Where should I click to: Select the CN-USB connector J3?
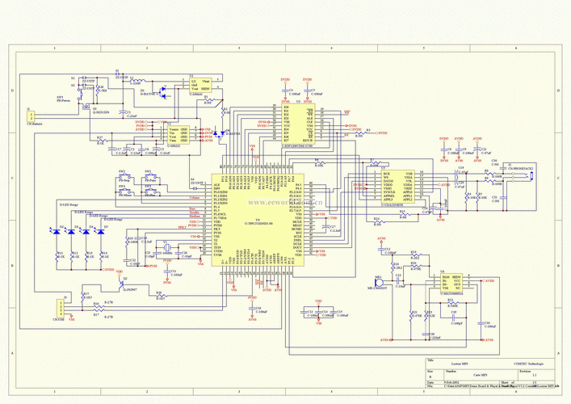[x=57, y=309]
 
